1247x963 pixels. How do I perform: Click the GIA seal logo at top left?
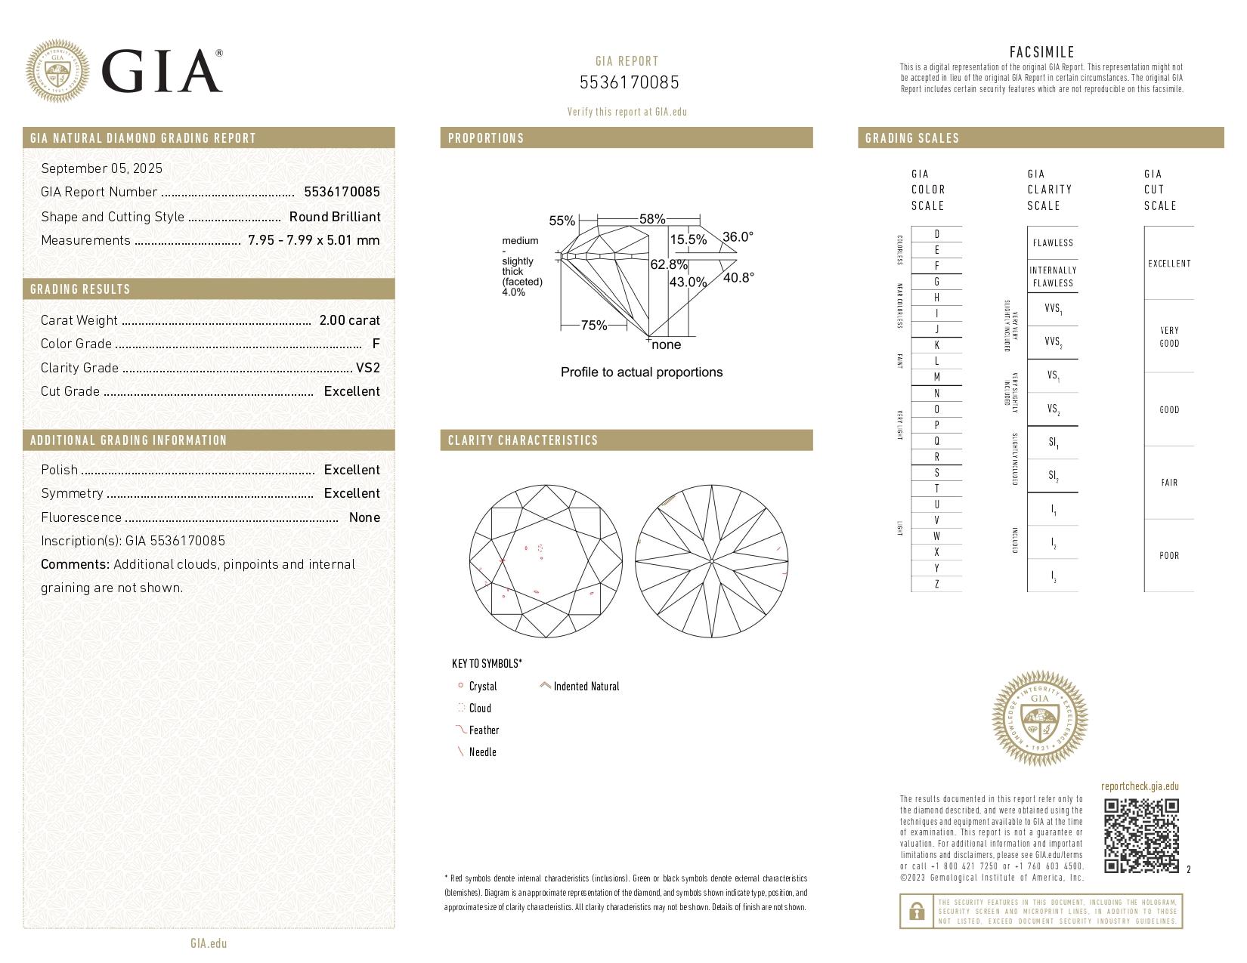pos(57,71)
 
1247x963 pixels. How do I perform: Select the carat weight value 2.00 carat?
pos(349,320)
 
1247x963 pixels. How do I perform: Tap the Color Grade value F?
pos(376,344)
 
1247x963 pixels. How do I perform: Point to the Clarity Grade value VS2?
pos(367,368)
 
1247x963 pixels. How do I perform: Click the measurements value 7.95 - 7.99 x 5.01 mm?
pos(313,240)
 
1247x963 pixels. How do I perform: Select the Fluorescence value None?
pos(364,517)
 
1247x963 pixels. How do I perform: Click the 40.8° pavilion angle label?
pos(738,278)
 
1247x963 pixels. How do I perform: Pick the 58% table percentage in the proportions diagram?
pos(651,219)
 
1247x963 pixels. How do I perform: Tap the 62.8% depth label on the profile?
pos(669,264)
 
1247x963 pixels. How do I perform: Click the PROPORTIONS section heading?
pos(485,138)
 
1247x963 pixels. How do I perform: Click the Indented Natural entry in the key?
pos(586,687)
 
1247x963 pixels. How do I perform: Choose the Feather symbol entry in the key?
pos(483,730)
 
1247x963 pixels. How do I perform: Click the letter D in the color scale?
pos(936,234)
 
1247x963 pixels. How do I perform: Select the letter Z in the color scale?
pos(936,584)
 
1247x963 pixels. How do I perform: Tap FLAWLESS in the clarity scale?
pos(1052,243)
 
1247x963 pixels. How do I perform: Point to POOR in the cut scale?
pos(1168,556)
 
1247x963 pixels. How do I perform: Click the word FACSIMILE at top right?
pos(1041,52)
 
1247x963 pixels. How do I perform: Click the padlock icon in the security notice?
pos(916,912)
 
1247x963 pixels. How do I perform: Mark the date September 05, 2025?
pos(101,168)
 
